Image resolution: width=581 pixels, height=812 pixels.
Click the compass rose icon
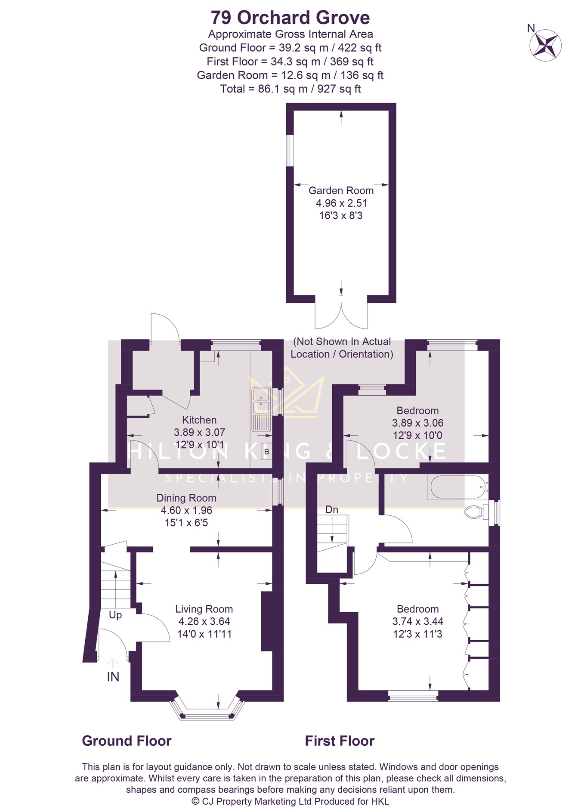pyautogui.click(x=545, y=44)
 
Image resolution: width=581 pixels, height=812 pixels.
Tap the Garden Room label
pyautogui.click(x=341, y=190)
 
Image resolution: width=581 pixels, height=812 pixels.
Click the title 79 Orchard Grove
pyautogui.click(x=290, y=18)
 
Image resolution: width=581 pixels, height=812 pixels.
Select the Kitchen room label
pyautogui.click(x=199, y=420)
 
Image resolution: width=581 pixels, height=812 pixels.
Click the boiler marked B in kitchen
pyautogui.click(x=266, y=452)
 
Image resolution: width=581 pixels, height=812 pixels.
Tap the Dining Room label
pyautogui.click(x=186, y=498)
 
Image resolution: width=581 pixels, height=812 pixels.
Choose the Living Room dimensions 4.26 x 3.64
pyautogui.click(x=204, y=621)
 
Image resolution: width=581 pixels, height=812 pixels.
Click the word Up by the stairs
pyautogui.click(x=115, y=615)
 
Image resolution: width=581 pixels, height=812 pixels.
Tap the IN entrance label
pyautogui.click(x=113, y=677)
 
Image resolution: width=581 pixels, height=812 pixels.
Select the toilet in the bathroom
pyautogui.click(x=477, y=512)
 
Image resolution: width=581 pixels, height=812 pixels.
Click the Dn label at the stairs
pyautogui.click(x=331, y=510)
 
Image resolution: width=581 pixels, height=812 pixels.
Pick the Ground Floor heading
pyautogui.click(x=127, y=741)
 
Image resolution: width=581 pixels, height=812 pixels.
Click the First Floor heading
pyautogui.click(x=340, y=741)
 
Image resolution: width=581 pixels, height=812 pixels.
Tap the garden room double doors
pyautogui.click(x=341, y=316)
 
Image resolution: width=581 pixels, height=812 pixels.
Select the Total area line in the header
pyautogui.click(x=290, y=89)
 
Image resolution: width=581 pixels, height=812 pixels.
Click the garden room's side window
pyautogui.click(x=290, y=151)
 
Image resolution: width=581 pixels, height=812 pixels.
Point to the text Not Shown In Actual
pyautogui.click(x=342, y=341)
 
